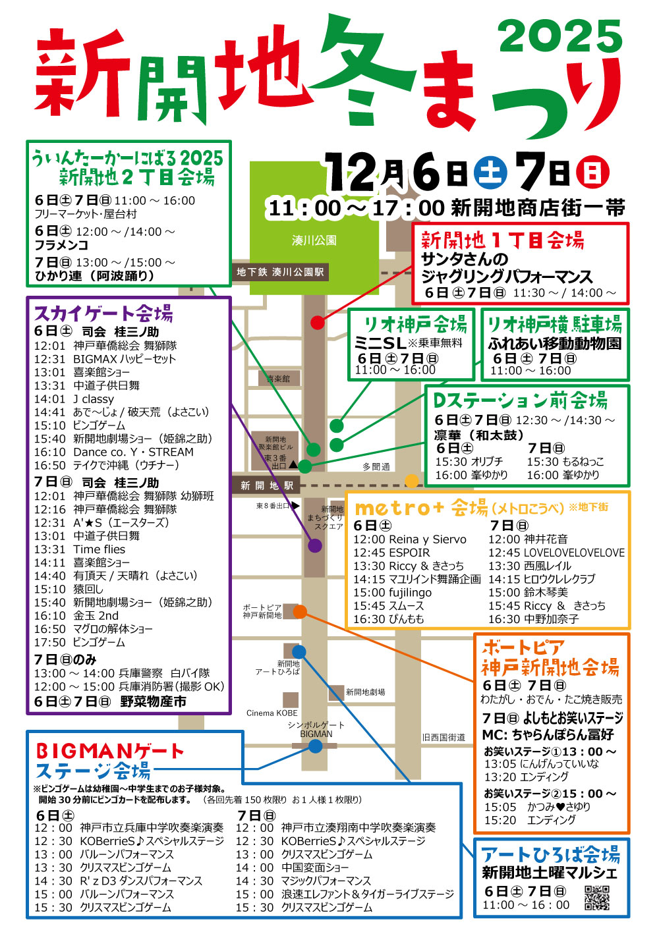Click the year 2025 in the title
click(x=560, y=36)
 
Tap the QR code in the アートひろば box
click(x=597, y=898)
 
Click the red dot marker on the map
click(x=317, y=322)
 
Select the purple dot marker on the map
click(x=315, y=545)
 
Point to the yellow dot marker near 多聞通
click(x=412, y=480)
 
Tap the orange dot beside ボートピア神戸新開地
click(x=300, y=612)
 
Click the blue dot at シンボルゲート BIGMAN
click(x=316, y=746)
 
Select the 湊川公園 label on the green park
click(x=314, y=240)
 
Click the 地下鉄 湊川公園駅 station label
click(x=280, y=272)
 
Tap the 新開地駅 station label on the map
click(x=266, y=486)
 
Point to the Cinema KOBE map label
click(x=272, y=713)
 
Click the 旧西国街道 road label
click(x=444, y=737)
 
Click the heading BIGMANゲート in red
click(x=110, y=751)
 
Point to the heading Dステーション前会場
click(x=520, y=400)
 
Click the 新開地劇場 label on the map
click(x=366, y=692)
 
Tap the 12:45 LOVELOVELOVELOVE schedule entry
click(x=556, y=553)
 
